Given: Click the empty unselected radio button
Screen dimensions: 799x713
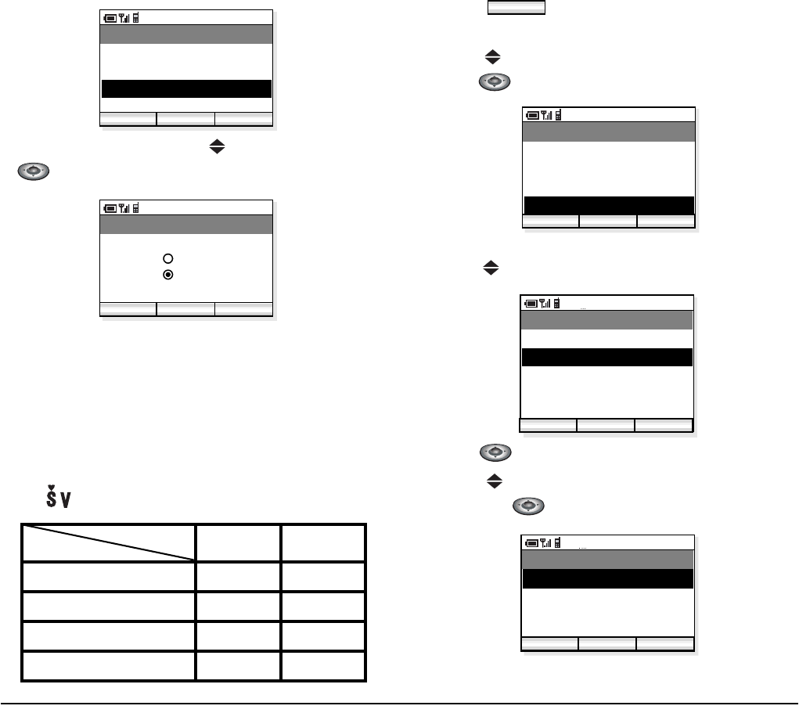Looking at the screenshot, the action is point(167,258).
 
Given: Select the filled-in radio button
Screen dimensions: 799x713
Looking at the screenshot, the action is point(167,275).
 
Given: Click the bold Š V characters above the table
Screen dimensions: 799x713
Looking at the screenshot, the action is point(56,497).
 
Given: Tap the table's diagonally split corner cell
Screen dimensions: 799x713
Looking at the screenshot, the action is point(109,542).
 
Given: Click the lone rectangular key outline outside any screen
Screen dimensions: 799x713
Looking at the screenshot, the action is point(516,7).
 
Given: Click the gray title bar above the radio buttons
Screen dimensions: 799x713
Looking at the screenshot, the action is point(186,225).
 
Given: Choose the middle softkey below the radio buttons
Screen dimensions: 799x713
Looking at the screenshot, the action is point(185,308).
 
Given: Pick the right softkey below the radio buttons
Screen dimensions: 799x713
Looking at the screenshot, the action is point(243,308).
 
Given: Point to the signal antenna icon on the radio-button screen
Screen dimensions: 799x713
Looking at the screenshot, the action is point(124,207).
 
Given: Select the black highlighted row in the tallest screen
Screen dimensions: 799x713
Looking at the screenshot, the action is point(606,358).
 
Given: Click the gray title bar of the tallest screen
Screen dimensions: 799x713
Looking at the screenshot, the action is point(606,320).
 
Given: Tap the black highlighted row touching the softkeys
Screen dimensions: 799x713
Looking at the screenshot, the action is point(608,205).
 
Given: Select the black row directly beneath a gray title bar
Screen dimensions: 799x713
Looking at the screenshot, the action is point(607,578).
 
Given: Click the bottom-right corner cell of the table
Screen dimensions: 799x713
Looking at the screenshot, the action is point(324,666).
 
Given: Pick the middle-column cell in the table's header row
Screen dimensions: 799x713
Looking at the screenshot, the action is point(238,542).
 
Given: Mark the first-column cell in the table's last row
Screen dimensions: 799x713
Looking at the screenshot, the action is point(109,666).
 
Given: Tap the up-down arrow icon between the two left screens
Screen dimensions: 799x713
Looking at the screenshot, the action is point(218,146).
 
